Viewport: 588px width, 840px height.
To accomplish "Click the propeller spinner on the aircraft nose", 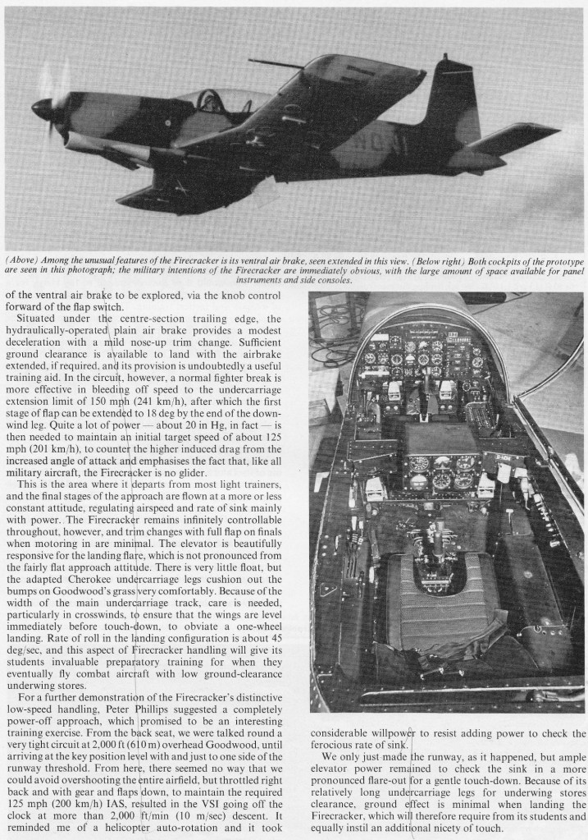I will [x=41, y=108].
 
